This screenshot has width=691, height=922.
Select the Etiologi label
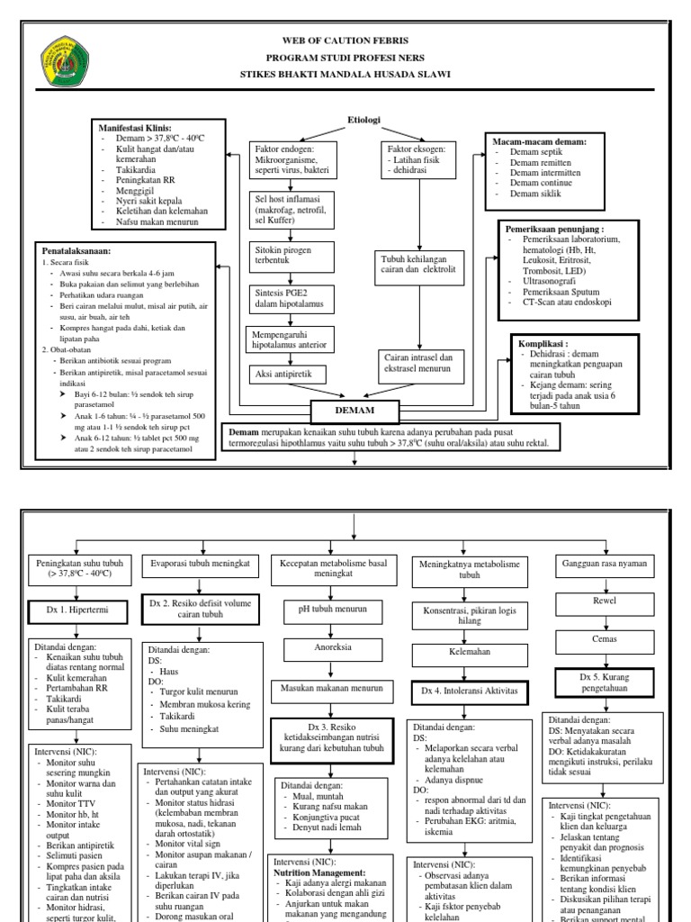364,119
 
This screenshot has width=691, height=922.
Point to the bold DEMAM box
355,411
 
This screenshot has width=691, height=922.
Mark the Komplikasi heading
568,343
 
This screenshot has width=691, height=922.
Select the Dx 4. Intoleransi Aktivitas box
468,691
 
